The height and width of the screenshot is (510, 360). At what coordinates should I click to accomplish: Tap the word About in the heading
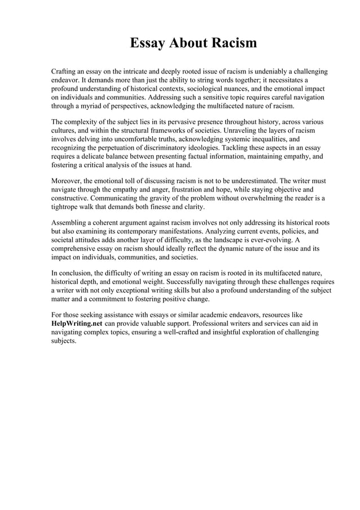[193, 43]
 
